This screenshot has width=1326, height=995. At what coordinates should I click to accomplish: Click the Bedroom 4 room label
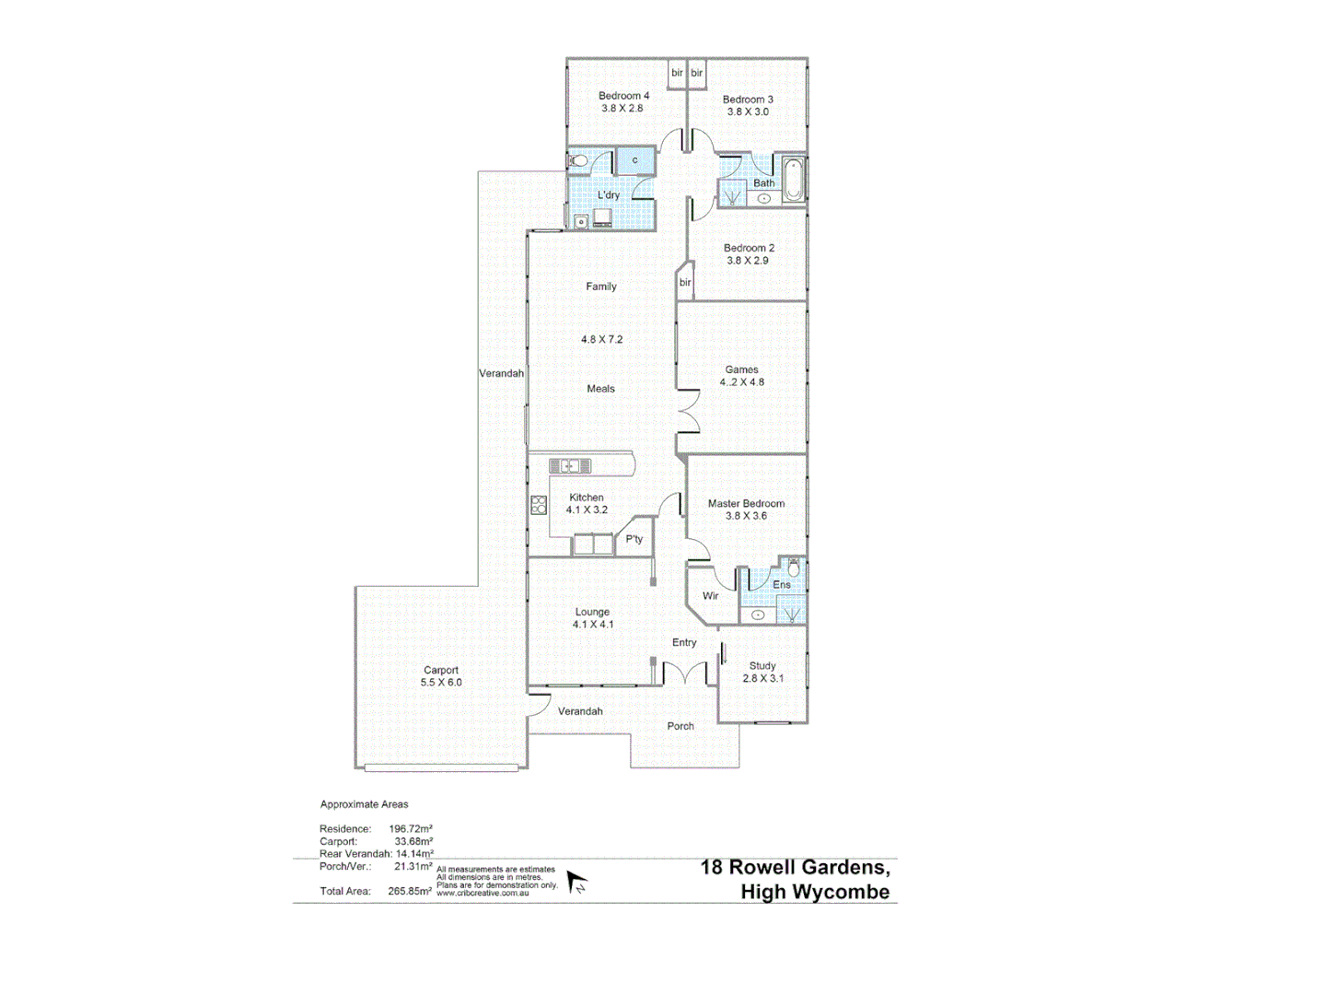coord(623,96)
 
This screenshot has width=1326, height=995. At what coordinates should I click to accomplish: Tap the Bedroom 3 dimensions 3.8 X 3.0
coord(747,112)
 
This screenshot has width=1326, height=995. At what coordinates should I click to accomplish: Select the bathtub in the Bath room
coord(793,180)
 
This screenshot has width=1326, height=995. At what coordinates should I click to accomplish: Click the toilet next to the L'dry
coord(578,161)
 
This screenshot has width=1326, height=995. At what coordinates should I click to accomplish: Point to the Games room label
coord(741,369)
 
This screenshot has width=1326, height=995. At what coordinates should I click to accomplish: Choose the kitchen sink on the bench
coord(570,466)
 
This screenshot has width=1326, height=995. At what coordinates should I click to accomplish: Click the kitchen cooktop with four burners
coord(539,505)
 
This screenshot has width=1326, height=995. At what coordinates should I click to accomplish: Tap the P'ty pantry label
coord(634,539)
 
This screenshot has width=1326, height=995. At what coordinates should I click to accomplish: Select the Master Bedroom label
coord(746,504)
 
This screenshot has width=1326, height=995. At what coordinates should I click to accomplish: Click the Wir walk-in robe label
coord(710,596)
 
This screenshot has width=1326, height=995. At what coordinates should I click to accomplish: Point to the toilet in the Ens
coord(794,567)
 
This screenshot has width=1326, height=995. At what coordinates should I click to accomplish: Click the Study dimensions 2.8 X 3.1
coord(762,678)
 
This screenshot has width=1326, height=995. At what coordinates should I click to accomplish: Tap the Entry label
coord(684,643)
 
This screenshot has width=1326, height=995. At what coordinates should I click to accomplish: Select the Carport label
coord(441,671)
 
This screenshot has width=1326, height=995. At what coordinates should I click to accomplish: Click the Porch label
coord(680,726)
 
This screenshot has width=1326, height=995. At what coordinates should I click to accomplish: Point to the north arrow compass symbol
coord(576,884)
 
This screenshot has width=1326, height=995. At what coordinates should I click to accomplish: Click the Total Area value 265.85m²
coord(410,892)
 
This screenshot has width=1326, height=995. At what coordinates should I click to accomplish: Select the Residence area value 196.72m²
coord(411,829)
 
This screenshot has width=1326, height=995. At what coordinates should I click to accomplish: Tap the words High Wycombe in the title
coord(815,892)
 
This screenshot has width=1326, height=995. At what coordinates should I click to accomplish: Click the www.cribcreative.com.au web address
coord(482,893)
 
